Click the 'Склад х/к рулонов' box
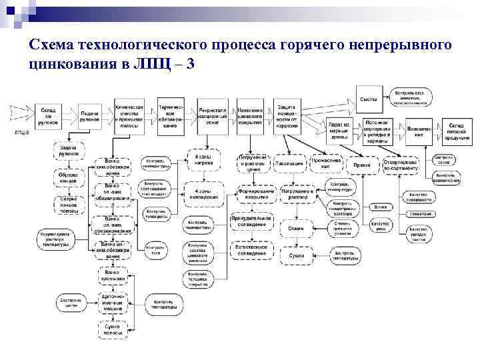47,115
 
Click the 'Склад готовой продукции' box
457,131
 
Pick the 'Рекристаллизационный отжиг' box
213,115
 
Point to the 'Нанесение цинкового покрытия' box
249,115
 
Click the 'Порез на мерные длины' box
340,131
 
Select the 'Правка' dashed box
363,163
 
